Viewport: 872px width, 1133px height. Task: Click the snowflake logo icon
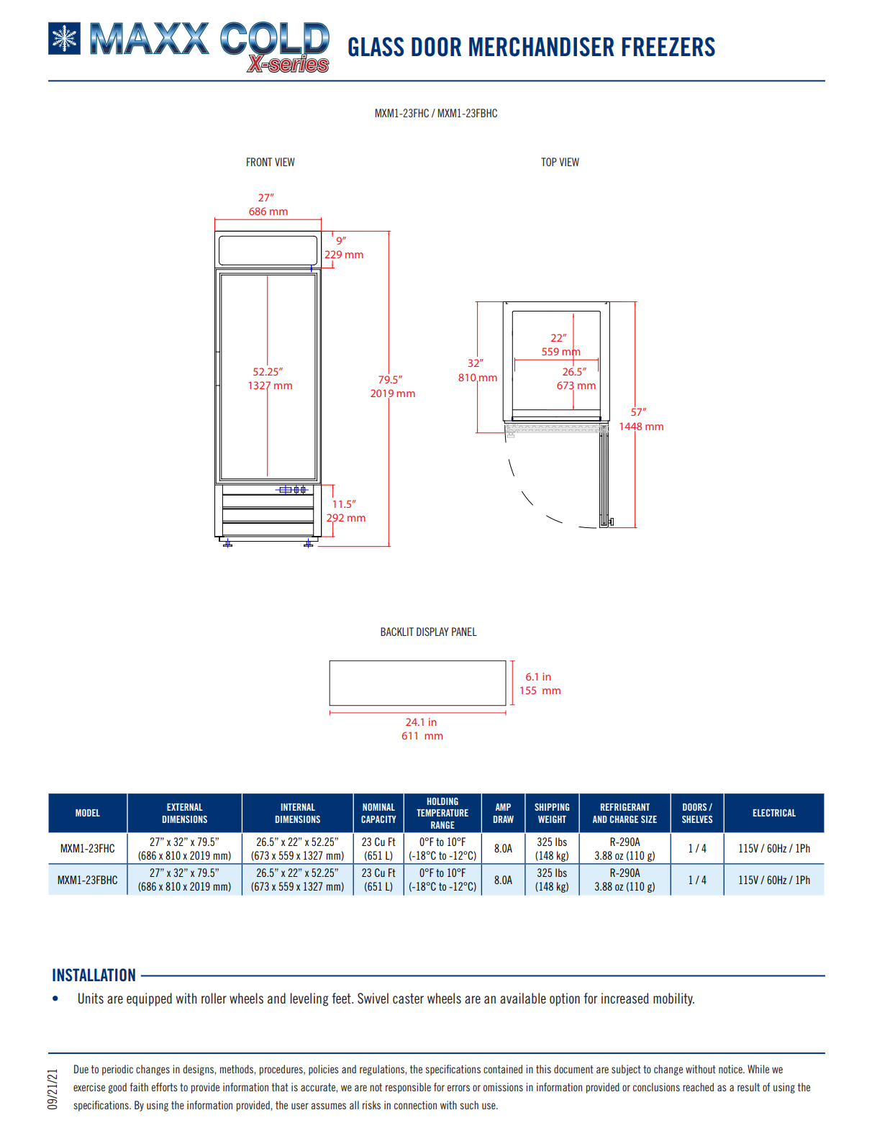pyautogui.click(x=65, y=39)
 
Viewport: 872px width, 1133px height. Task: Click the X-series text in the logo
pyautogui.click(x=289, y=65)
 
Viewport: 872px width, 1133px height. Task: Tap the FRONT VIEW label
pyautogui.click(x=270, y=163)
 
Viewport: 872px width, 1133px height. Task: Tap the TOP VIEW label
pyautogui.click(x=560, y=163)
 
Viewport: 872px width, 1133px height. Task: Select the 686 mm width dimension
pyautogui.click(x=268, y=211)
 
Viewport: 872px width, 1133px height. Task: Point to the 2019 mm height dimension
pyautogui.click(x=393, y=393)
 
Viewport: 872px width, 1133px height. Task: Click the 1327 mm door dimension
pyautogui.click(x=270, y=386)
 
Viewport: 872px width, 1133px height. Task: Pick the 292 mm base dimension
pyautogui.click(x=346, y=518)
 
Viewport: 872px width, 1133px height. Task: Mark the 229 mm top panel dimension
pyautogui.click(x=344, y=255)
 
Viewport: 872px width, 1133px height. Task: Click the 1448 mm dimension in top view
pyautogui.click(x=641, y=427)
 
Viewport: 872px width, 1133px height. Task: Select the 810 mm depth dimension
pyautogui.click(x=478, y=378)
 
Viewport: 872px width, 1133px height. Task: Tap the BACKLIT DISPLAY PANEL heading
pyautogui.click(x=428, y=632)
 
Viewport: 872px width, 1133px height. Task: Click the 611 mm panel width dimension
pyautogui.click(x=422, y=736)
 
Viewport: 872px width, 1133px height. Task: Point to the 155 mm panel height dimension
pyautogui.click(x=540, y=691)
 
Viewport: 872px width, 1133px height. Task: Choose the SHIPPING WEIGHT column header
pyautogui.click(x=552, y=814)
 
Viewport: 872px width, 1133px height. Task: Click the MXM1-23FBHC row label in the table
pyautogui.click(x=88, y=880)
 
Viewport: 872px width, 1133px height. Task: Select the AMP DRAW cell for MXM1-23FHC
pyautogui.click(x=503, y=849)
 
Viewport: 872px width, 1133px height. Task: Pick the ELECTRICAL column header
pyautogui.click(x=774, y=814)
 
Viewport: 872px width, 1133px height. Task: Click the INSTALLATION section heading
pyautogui.click(x=94, y=975)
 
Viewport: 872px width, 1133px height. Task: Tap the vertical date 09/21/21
pyautogui.click(x=53, y=1089)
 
